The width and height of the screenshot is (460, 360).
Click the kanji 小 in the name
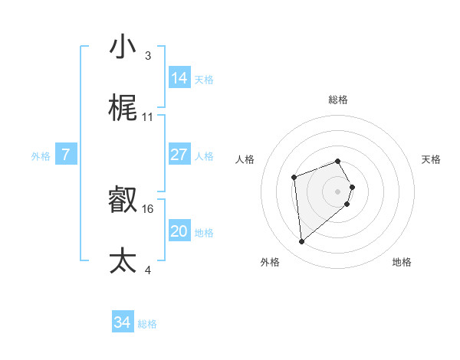point(123,47)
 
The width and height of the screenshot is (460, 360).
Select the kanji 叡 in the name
point(123,200)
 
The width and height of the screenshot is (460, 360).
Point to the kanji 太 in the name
point(123,260)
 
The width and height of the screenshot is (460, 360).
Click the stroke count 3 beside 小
point(147,55)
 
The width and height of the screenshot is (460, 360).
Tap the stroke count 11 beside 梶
point(148,116)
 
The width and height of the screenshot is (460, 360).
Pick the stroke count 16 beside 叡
point(148,208)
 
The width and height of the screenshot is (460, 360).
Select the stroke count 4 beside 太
point(147,269)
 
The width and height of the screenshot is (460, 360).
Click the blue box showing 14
point(179,78)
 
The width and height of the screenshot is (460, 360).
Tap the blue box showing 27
point(179,155)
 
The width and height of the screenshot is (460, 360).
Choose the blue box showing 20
point(179,231)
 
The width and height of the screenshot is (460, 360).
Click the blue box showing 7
point(66,155)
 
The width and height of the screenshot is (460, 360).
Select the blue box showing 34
point(122,323)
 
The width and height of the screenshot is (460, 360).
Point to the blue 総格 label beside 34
point(147,324)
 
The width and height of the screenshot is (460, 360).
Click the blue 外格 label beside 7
point(41,156)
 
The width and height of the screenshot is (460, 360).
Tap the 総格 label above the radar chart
point(338,100)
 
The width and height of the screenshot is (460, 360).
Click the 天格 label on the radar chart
point(432,159)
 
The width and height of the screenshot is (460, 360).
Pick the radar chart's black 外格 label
point(270,262)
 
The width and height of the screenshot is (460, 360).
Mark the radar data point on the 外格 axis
point(302,242)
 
